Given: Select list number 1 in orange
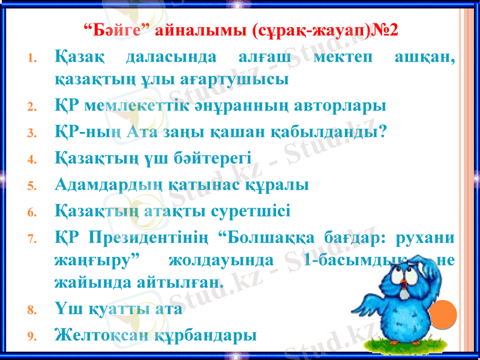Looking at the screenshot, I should (x=34, y=60).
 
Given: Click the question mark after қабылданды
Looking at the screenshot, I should (x=382, y=132).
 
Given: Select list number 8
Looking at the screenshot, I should (x=34, y=313).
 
